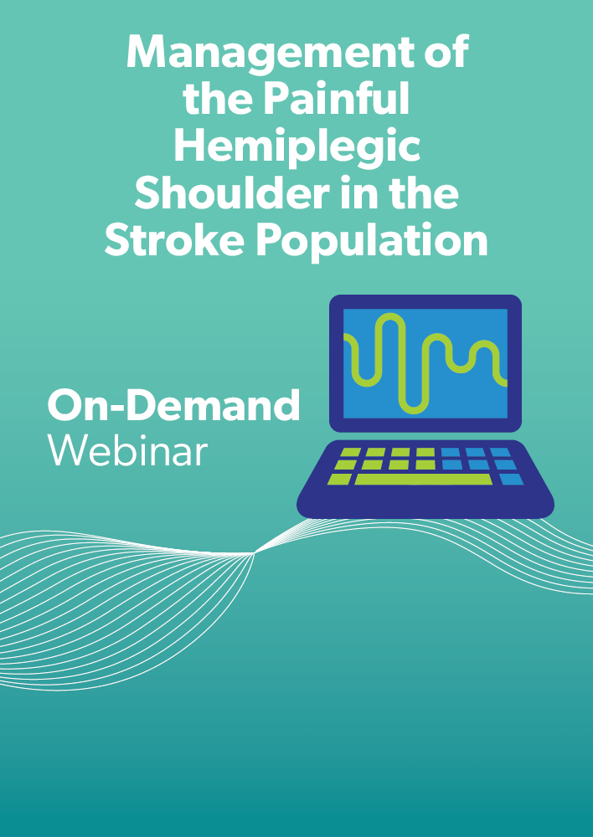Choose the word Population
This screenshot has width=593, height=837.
(x=372, y=241)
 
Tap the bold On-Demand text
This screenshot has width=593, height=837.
(x=173, y=405)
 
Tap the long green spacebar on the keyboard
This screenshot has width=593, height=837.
(x=423, y=479)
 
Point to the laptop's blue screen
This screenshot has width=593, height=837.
(x=425, y=363)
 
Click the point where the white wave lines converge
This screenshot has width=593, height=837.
(x=255, y=553)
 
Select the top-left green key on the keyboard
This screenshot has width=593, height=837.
(x=351, y=452)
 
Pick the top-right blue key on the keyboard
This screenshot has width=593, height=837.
(x=500, y=452)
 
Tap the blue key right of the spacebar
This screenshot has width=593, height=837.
(x=511, y=479)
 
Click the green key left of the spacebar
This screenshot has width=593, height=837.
(x=339, y=479)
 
